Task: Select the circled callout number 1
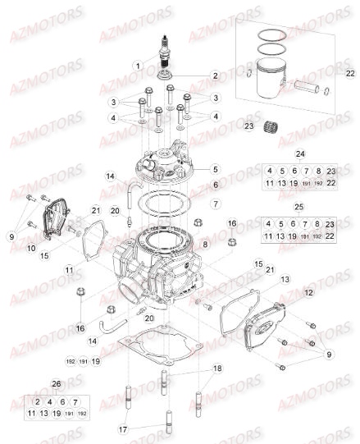tap(139, 66)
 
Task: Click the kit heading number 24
tap(299, 154)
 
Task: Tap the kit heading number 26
tap(55, 383)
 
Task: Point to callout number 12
tap(308, 291)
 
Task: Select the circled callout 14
tap(110, 176)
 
